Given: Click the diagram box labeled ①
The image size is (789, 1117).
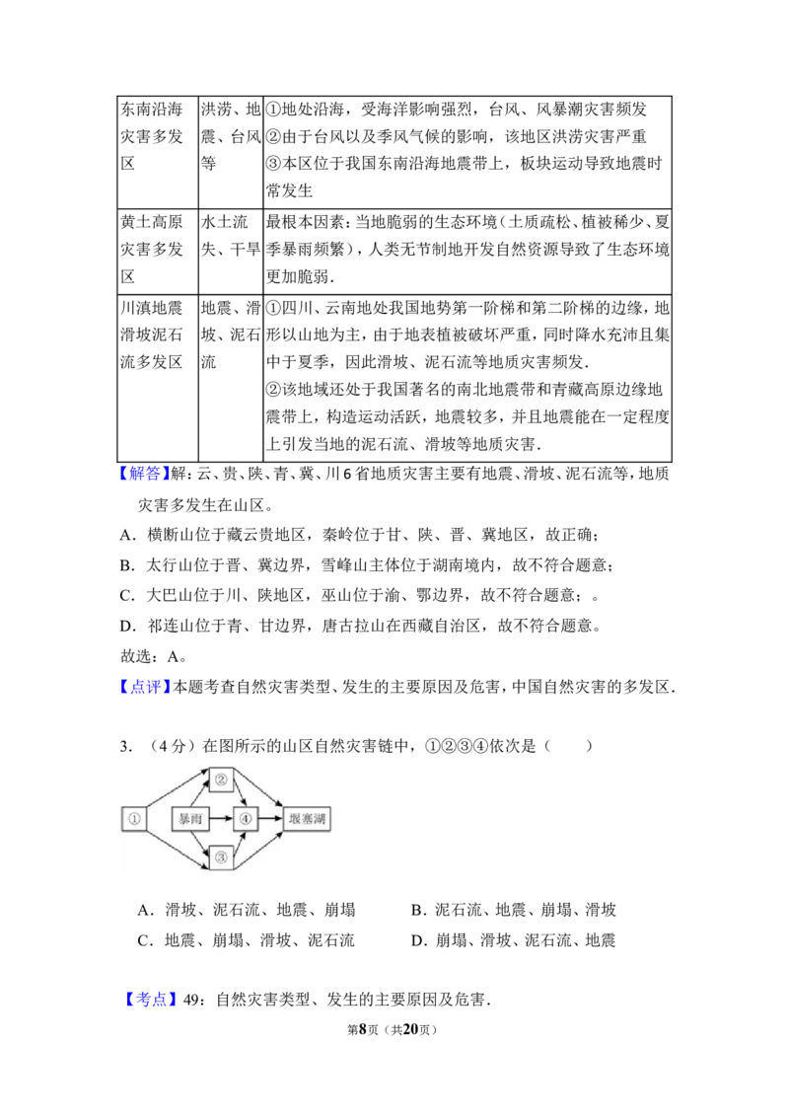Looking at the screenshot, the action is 133,819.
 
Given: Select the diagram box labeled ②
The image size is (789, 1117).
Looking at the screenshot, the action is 221,780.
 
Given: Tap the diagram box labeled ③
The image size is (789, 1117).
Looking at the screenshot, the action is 221,856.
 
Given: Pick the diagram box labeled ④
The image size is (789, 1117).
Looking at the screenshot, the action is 246,819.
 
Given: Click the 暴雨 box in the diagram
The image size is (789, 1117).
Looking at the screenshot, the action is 190,819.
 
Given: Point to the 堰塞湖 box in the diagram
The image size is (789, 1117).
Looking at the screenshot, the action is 308,819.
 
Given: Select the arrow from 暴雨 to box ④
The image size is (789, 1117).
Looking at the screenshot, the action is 222,819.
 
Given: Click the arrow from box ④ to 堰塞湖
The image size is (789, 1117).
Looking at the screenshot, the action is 270,819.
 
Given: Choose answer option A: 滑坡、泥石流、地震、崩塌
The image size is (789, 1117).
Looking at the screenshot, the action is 247,910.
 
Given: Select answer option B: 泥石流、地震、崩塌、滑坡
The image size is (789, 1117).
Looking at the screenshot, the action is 514,910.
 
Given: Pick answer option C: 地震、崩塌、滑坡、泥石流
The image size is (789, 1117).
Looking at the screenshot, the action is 247,940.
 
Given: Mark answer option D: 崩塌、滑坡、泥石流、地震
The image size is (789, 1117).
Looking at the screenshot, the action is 514,940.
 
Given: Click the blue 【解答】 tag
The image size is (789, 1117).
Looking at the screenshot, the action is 145,474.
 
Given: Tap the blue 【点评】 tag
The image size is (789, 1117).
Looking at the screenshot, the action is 145,687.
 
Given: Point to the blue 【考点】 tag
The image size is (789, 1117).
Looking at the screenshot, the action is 150,1000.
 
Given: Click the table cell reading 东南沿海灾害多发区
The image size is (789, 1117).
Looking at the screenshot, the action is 158,152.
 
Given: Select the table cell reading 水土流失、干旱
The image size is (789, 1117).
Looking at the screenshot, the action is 231,251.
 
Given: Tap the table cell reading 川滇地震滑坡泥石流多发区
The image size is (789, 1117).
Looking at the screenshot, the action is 158,378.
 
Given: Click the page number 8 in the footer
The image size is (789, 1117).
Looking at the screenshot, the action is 363,1029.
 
